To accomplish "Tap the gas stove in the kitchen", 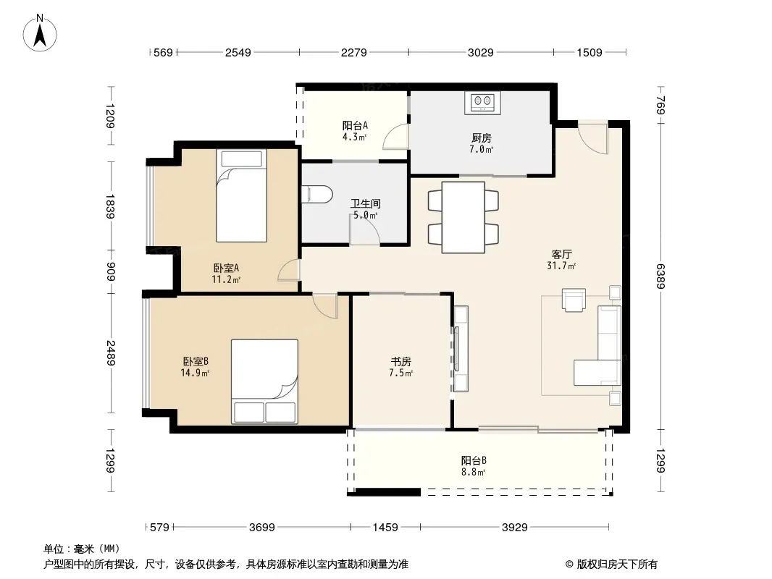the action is (482, 103).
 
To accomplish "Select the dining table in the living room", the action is (463, 217).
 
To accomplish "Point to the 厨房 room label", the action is (481, 138).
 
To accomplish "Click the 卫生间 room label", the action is (365, 203).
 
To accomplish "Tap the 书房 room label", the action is (400, 362).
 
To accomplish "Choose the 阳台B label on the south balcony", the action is (474, 461).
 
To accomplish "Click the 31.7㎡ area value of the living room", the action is (561, 266).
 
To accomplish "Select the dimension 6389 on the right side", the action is (660, 276).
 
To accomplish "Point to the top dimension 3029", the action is (481, 52).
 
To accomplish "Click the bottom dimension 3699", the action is (262, 528).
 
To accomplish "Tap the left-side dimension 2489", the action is (112, 353).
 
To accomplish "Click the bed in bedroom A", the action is (241, 196).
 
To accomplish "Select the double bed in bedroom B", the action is (265, 381).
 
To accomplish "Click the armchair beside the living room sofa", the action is (574, 300).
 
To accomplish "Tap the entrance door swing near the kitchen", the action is (593, 138).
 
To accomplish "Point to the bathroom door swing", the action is (365, 229).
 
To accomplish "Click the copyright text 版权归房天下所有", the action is (617, 565).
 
